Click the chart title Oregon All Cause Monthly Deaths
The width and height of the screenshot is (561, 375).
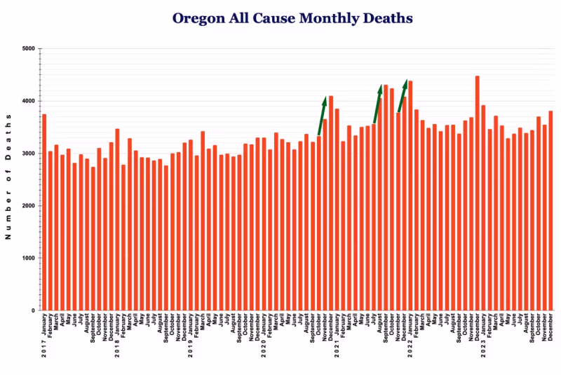292,18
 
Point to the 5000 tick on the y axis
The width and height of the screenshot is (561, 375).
28,49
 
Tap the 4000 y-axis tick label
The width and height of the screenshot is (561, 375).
28,101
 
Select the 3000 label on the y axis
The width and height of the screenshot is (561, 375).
28,154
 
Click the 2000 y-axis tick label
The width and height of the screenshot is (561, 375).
28,206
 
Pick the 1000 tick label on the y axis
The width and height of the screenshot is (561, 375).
28,258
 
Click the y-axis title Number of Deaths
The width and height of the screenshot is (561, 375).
9,179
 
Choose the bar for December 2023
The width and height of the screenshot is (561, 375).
550,210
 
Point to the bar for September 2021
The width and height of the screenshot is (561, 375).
386,197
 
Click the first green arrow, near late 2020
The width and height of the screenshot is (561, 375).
322,116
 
